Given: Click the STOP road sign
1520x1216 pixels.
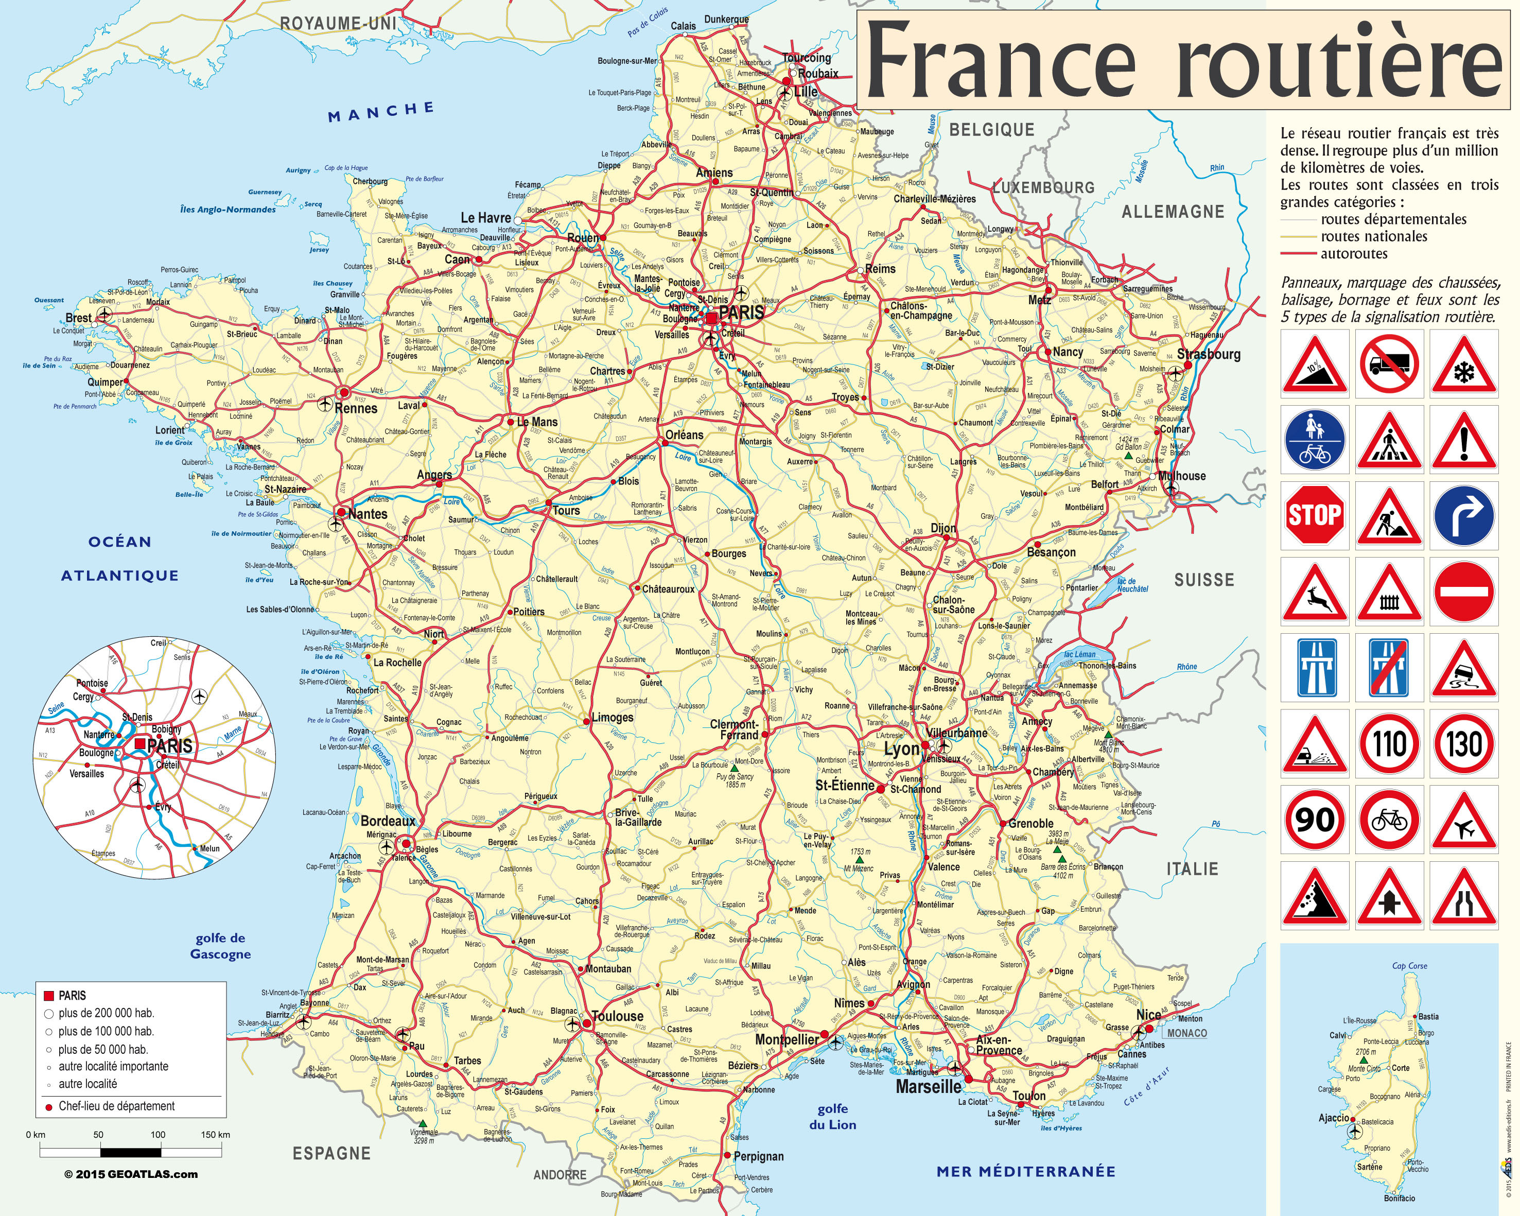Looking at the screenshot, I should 1314,515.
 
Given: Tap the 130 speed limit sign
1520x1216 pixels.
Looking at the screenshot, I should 1464,744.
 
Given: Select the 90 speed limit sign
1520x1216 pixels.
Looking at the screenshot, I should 1314,820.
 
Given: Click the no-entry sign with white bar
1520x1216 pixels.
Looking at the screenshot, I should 1464,592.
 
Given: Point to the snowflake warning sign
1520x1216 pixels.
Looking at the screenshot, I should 1464,364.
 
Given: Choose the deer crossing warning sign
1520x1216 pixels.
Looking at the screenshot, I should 1314,592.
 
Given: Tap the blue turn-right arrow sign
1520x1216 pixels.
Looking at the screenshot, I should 1464,515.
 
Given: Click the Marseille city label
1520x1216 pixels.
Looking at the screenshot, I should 929,1086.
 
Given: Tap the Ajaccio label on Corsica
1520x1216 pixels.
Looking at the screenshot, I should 1334,1118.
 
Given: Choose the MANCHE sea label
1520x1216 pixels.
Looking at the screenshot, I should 381,111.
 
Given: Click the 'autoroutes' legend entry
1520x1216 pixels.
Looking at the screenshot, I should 1354,254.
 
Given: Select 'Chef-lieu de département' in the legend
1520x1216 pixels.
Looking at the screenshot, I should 116,1106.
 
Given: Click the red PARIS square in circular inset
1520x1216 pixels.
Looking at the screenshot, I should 141,743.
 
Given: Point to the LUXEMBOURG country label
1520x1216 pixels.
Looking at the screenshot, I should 1043,187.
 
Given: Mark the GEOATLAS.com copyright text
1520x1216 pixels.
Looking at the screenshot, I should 131,1174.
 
